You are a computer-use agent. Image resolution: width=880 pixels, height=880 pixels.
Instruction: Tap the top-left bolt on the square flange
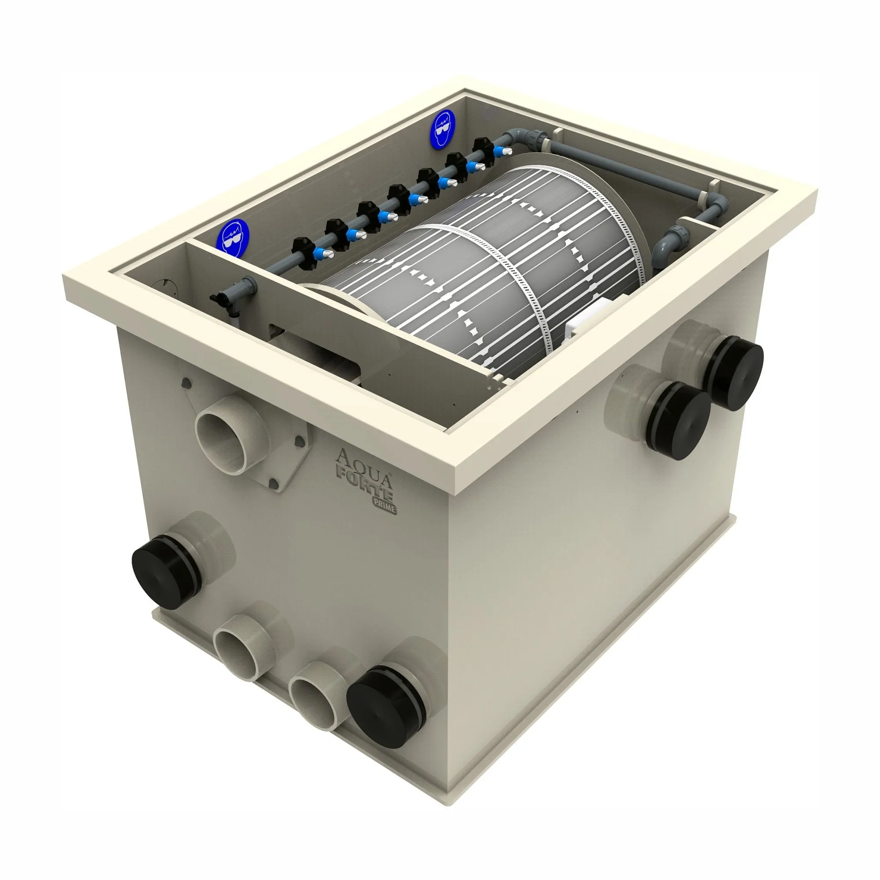point(185,383)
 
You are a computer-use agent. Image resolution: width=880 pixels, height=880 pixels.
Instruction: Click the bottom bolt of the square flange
point(274,483)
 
